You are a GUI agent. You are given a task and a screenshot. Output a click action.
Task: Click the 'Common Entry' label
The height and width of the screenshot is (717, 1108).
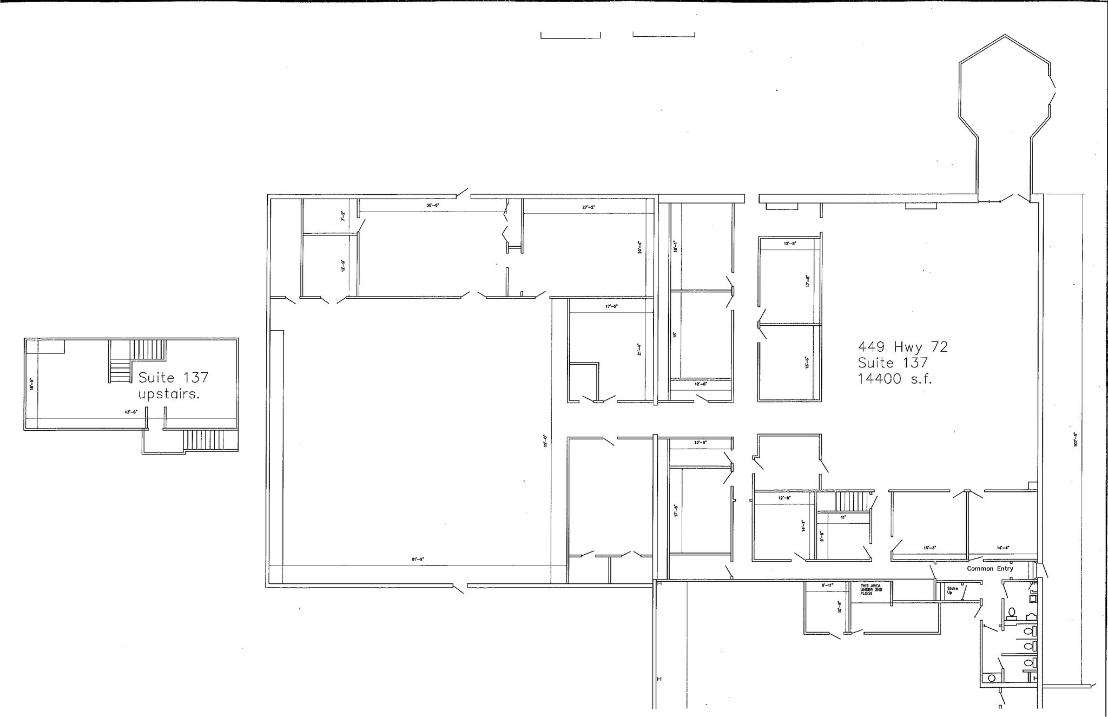point(990,569)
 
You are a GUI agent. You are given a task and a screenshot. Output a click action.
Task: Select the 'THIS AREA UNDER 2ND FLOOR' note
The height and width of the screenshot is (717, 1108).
point(872,589)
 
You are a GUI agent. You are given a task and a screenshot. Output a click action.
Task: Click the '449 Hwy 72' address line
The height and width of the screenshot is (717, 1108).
point(903,347)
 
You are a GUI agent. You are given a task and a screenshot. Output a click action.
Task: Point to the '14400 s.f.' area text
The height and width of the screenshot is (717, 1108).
point(895,379)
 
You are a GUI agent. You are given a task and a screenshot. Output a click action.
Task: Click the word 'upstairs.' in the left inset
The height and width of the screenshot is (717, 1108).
point(169,394)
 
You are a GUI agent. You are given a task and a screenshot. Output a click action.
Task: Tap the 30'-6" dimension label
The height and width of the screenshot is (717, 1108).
point(432,206)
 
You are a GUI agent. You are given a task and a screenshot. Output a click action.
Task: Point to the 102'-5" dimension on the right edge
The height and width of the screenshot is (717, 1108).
point(1076,438)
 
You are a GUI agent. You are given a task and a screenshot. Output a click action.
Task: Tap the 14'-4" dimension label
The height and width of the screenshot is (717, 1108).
point(1003,548)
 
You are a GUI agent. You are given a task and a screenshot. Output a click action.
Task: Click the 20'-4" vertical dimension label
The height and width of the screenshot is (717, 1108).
point(639,247)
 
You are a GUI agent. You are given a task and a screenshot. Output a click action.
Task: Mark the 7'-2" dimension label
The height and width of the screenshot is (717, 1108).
point(342,216)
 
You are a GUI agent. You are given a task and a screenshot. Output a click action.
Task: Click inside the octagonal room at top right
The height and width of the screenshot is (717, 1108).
point(1005,97)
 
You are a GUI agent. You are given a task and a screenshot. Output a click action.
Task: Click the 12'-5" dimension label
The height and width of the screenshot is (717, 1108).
point(790,244)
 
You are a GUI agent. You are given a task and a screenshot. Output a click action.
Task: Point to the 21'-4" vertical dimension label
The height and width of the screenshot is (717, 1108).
point(639,350)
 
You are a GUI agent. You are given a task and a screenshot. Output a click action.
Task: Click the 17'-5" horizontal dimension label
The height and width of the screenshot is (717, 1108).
point(611,307)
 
